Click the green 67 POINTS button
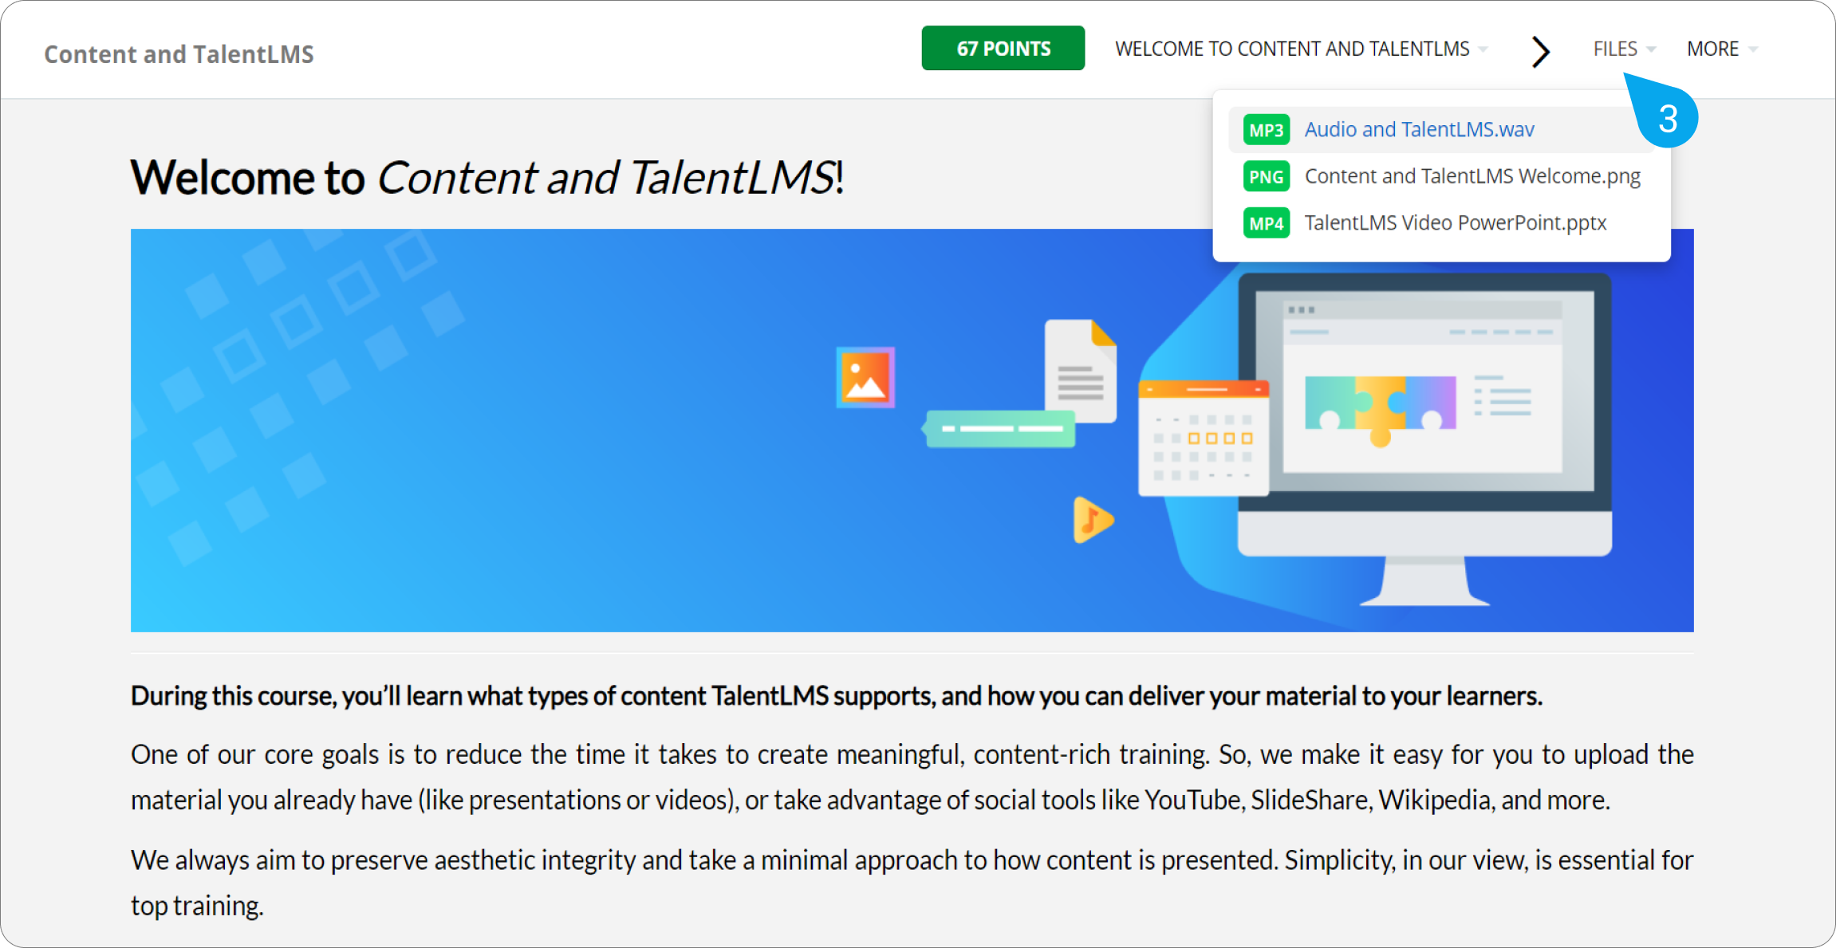point(1003,48)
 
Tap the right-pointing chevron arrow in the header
point(1541,51)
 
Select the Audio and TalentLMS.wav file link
point(1419,129)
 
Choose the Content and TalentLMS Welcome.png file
point(1472,176)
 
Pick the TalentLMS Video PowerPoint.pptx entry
point(1456,222)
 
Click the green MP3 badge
point(1266,130)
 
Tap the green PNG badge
point(1266,176)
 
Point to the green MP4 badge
point(1266,223)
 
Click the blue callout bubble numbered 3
point(1665,116)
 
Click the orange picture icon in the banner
point(865,377)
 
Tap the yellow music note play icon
point(1093,520)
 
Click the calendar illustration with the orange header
point(1204,438)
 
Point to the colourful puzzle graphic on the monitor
point(1380,407)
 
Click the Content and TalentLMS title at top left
point(179,54)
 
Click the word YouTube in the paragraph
point(1193,799)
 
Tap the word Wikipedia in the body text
point(1435,799)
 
